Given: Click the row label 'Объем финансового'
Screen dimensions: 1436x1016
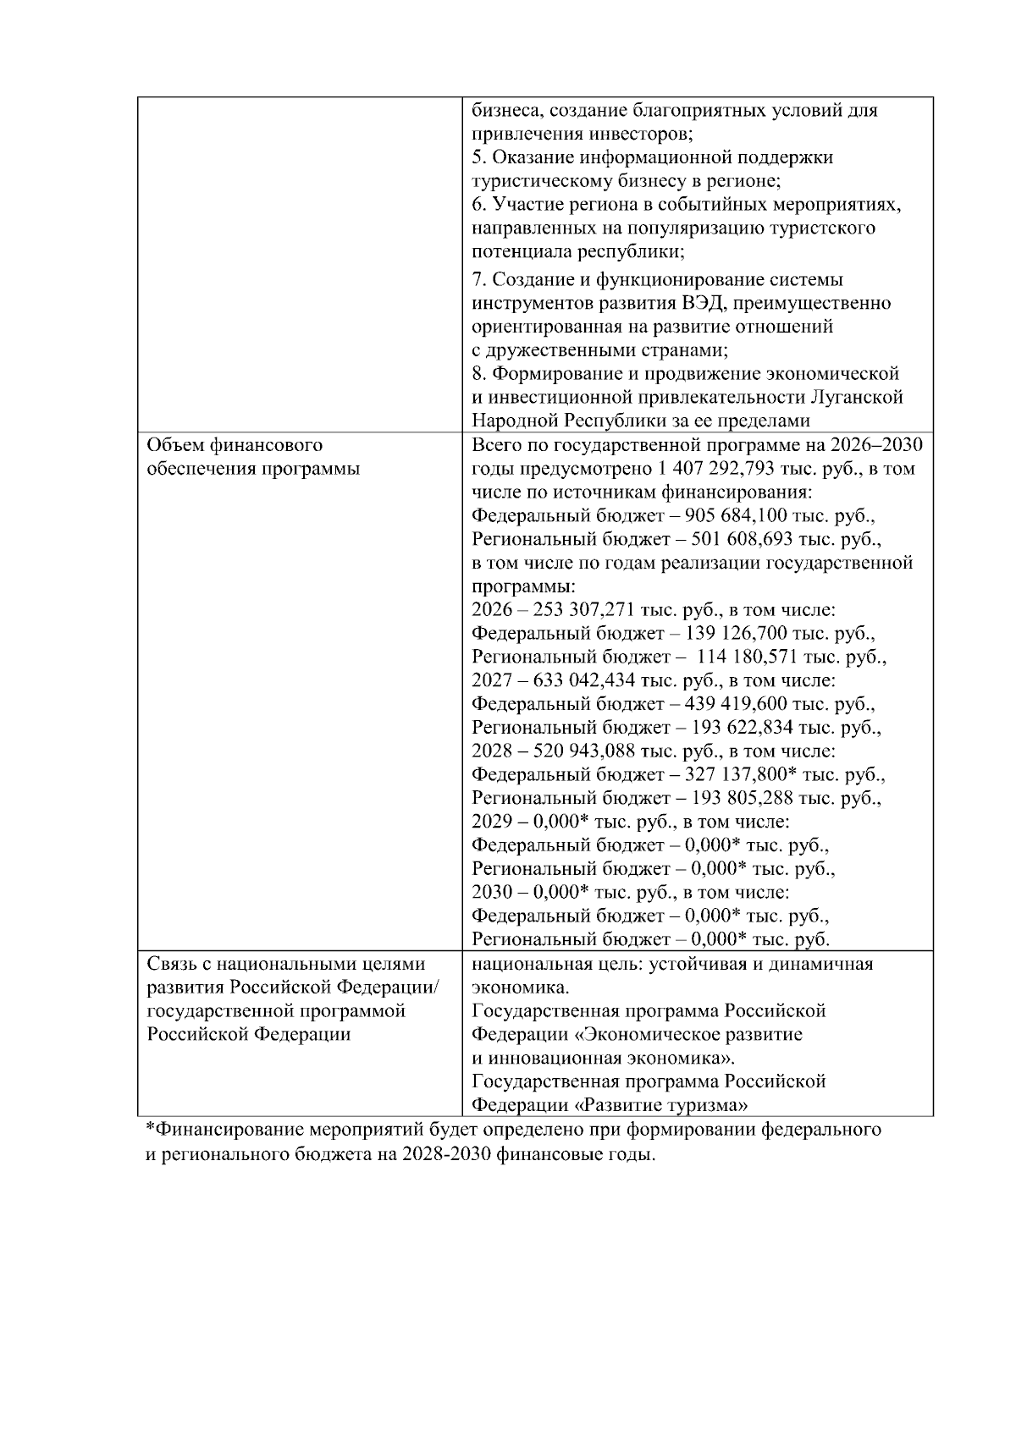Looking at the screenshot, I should tap(235, 445).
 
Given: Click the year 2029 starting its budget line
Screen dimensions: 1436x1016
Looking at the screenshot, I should tap(491, 823).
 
